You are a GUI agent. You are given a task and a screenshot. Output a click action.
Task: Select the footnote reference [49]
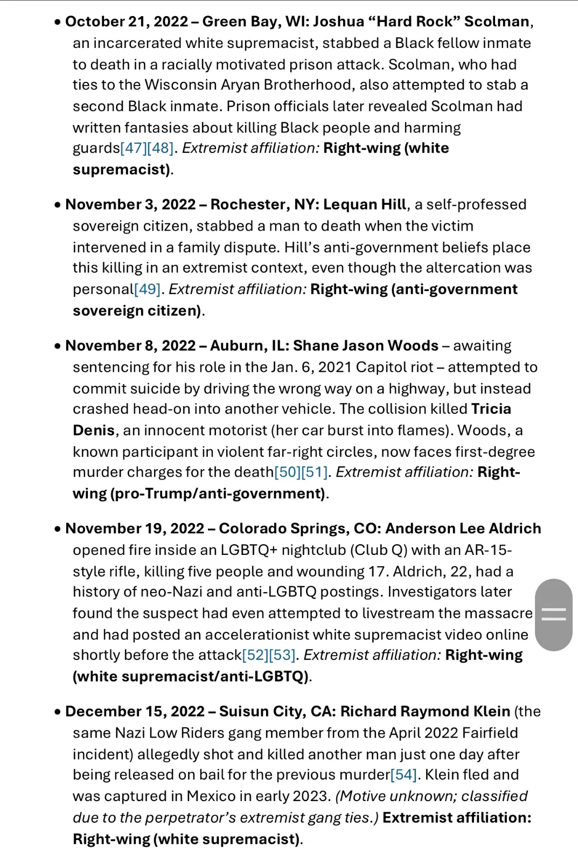tap(147, 289)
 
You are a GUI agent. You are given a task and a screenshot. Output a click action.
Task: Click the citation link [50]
tap(288, 472)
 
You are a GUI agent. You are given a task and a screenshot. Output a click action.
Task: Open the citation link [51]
tap(315, 472)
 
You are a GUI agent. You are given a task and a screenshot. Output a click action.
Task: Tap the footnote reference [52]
tap(255, 655)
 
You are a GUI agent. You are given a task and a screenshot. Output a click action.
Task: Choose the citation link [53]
tap(282, 655)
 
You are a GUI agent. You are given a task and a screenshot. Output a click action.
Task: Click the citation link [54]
tap(403, 775)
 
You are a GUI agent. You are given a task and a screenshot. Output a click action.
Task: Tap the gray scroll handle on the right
tap(553, 615)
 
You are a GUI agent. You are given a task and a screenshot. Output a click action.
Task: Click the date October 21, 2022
tap(127, 22)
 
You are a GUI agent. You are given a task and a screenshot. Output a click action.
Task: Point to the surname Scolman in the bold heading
tap(497, 22)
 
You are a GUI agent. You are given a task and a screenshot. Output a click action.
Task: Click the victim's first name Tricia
tap(491, 409)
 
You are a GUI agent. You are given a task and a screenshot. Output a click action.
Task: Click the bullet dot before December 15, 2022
tap(58, 712)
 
